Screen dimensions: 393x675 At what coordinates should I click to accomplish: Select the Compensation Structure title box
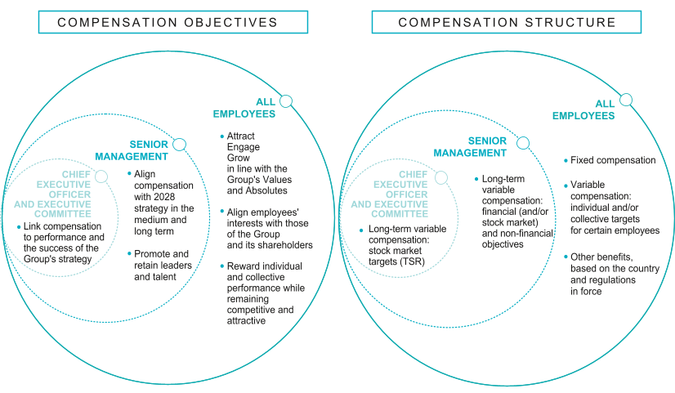(507, 22)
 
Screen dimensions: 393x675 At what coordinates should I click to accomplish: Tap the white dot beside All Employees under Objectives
(285, 101)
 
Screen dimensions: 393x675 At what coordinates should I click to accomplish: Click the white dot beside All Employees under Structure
(625, 100)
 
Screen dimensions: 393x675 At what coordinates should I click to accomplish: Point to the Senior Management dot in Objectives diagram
(179, 145)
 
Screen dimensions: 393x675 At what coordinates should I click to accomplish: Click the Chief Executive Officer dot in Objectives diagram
(101, 176)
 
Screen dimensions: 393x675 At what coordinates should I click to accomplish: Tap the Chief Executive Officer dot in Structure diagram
(441, 176)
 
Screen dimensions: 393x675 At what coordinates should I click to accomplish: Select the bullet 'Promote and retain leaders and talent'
(162, 266)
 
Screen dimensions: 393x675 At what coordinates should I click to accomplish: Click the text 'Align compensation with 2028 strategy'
(162, 196)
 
